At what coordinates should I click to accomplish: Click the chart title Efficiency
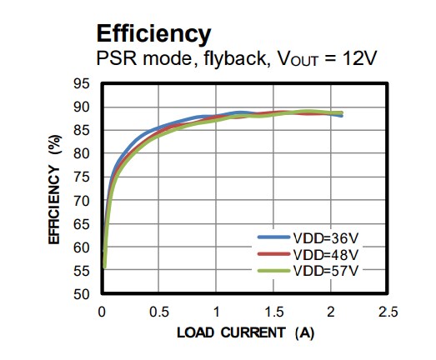click(x=153, y=33)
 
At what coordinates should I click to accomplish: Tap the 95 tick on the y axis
click(x=81, y=83)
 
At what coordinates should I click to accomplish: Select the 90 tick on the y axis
click(x=81, y=107)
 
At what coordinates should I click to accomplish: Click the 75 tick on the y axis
click(x=81, y=177)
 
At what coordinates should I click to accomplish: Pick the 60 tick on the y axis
click(x=81, y=247)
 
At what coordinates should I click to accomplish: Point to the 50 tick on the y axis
click(x=81, y=294)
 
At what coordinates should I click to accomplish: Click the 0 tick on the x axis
click(x=102, y=312)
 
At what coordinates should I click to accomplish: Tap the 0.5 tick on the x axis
click(x=158, y=312)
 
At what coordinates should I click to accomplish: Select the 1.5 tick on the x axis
click(x=273, y=312)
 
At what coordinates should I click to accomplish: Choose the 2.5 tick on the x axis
click(x=388, y=312)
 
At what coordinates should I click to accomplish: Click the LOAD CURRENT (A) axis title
click(x=244, y=333)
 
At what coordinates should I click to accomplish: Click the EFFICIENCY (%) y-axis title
click(x=55, y=191)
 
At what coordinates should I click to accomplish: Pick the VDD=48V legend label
click(x=326, y=255)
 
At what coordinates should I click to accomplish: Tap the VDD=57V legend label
click(x=326, y=271)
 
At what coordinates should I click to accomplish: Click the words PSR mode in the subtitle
click(x=133, y=61)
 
